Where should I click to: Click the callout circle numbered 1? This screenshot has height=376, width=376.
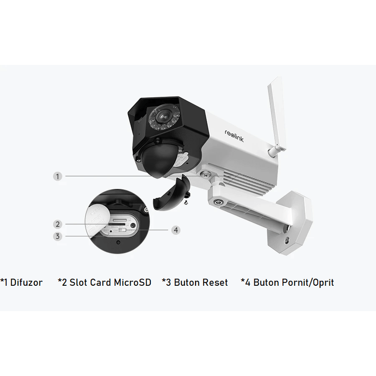pyautogui.click(x=57, y=177)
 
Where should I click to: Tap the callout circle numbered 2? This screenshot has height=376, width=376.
pyautogui.click(x=57, y=225)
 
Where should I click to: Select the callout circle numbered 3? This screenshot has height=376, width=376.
pyautogui.click(x=57, y=236)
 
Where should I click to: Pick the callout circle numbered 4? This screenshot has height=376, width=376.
pyautogui.click(x=176, y=230)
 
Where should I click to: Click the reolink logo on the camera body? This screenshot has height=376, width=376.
pyautogui.click(x=234, y=136)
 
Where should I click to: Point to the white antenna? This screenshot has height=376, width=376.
pyautogui.click(x=276, y=115)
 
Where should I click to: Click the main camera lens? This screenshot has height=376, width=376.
pyautogui.click(x=163, y=116)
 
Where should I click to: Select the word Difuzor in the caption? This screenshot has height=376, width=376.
pyautogui.click(x=26, y=282)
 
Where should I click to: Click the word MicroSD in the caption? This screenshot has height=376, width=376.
pyautogui.click(x=133, y=282)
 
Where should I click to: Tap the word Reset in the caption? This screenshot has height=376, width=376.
pyautogui.click(x=215, y=282)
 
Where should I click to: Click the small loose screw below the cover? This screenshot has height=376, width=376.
pyautogui.click(x=186, y=203)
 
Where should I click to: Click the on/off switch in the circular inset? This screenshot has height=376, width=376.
pyautogui.click(x=122, y=230)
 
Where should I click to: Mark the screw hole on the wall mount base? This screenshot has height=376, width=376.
pyautogui.click(x=287, y=240)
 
